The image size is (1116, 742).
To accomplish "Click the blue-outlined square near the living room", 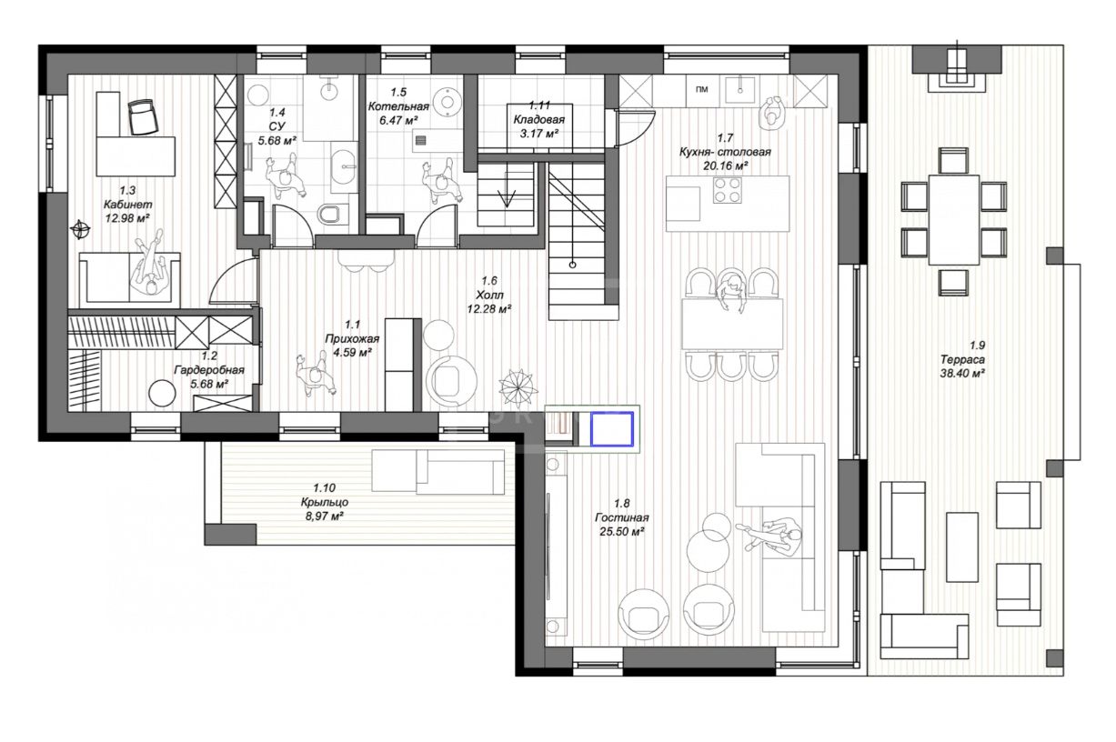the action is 612,428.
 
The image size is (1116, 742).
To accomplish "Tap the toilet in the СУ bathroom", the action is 329,214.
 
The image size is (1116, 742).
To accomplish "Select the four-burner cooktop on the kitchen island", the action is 729,190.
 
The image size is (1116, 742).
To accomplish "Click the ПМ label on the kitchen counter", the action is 702,90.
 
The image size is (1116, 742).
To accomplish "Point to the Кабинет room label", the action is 128,205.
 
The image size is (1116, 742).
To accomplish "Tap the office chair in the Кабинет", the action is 144,116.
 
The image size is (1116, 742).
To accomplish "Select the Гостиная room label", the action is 622,518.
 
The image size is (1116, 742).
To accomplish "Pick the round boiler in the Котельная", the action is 447,103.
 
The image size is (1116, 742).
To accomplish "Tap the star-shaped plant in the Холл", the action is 518,386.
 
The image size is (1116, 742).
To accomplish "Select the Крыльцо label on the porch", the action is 325,502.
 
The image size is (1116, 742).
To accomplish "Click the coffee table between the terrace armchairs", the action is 962,547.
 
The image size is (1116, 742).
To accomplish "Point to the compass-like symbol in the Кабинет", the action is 80,229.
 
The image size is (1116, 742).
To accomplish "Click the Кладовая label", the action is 539,119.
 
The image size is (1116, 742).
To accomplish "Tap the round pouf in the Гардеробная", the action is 163,394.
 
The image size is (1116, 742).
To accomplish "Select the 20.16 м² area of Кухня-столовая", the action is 726,165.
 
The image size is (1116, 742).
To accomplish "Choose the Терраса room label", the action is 962,359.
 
